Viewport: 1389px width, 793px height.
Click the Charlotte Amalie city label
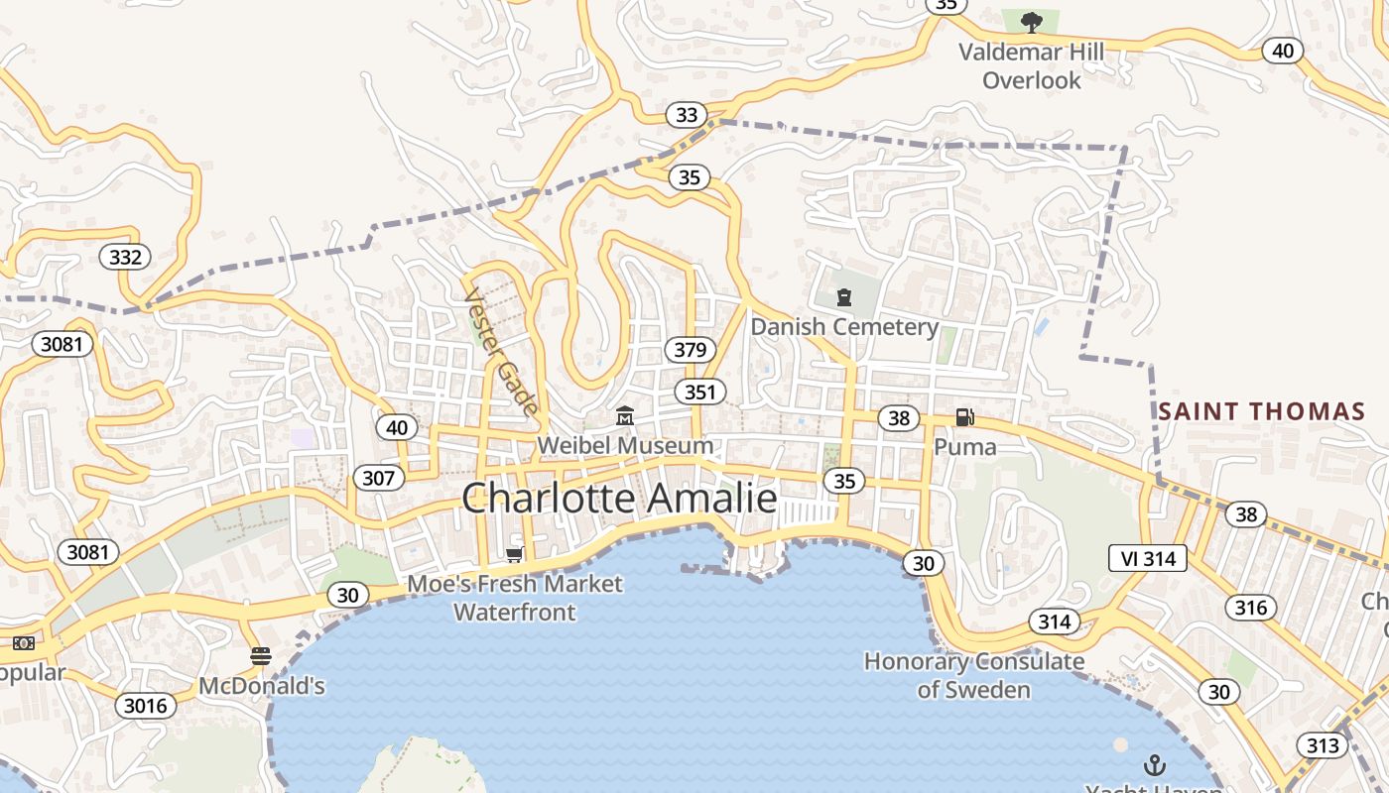coord(619,498)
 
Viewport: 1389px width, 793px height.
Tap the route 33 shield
coord(687,115)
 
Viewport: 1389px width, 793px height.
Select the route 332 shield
coord(125,258)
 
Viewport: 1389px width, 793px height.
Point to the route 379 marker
coord(690,350)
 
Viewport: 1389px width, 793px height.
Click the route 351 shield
coord(699,392)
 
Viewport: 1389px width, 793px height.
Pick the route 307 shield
coord(378,479)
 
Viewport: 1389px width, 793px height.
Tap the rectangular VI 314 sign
coord(1148,559)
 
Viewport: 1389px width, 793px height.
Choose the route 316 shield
coord(1250,607)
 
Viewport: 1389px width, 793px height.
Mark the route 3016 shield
coord(147,706)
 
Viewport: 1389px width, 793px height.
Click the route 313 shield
coord(1322,745)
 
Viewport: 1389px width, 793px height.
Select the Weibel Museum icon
coord(625,416)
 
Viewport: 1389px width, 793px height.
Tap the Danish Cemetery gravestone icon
coord(844,296)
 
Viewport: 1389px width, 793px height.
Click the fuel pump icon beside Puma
coord(964,417)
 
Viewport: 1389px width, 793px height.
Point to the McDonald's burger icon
coord(261,656)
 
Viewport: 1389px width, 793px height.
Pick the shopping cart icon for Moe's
coord(514,554)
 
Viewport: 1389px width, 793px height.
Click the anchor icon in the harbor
coord(1154,764)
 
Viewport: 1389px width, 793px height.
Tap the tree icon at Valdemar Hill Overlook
coord(1032,22)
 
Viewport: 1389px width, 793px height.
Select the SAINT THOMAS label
coord(1262,411)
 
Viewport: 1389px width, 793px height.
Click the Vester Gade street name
coord(502,352)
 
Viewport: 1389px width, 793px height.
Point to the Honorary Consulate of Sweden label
coord(973,675)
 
